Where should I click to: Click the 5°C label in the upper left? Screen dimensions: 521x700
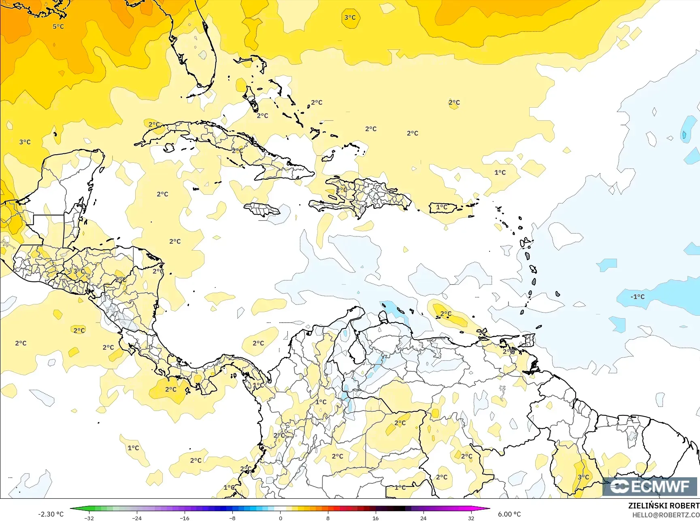tap(58, 26)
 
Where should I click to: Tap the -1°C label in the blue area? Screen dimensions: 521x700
tap(637, 297)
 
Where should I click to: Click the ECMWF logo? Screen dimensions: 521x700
tap(650, 487)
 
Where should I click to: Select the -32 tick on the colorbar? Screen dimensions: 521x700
tap(89, 518)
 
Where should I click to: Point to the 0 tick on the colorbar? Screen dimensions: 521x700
tap(280, 518)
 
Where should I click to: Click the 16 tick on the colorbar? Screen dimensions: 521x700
tap(375, 518)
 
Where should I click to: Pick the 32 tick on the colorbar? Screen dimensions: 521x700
tap(471, 518)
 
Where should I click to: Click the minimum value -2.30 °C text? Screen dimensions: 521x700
tap(51, 514)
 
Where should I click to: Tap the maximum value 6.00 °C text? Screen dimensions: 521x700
tap(509, 514)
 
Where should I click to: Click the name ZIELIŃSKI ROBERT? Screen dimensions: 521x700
tap(664, 506)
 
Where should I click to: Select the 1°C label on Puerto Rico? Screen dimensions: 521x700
tap(442, 207)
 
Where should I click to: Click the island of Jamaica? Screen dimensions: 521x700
tap(261, 209)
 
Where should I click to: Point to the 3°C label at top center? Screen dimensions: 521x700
tap(350, 17)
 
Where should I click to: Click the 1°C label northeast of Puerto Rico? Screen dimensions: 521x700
tap(500, 172)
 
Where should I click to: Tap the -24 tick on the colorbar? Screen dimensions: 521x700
tap(137, 518)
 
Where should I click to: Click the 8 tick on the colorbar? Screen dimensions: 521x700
tap(328, 518)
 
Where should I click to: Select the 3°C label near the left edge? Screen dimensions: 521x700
tap(25, 142)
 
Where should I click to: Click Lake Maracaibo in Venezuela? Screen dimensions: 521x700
tap(356, 350)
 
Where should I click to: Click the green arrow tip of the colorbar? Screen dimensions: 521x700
tap(72, 508)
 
